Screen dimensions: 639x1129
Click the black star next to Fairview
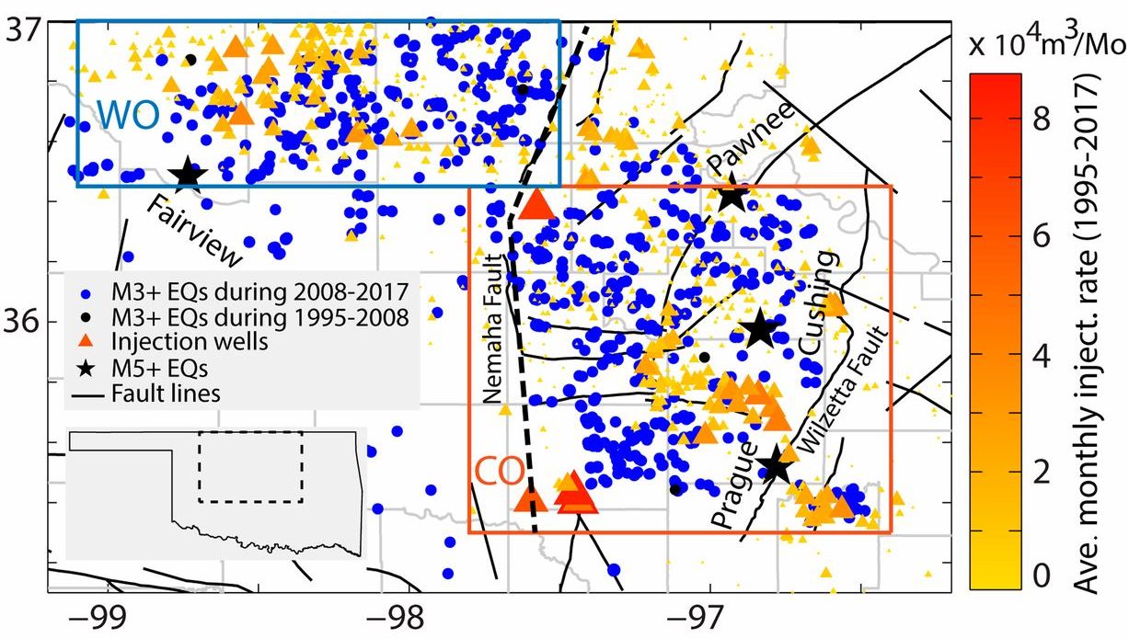pos(187,173)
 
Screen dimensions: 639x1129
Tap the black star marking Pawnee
pos(732,195)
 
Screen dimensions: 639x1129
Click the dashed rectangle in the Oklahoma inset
pos(250,467)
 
